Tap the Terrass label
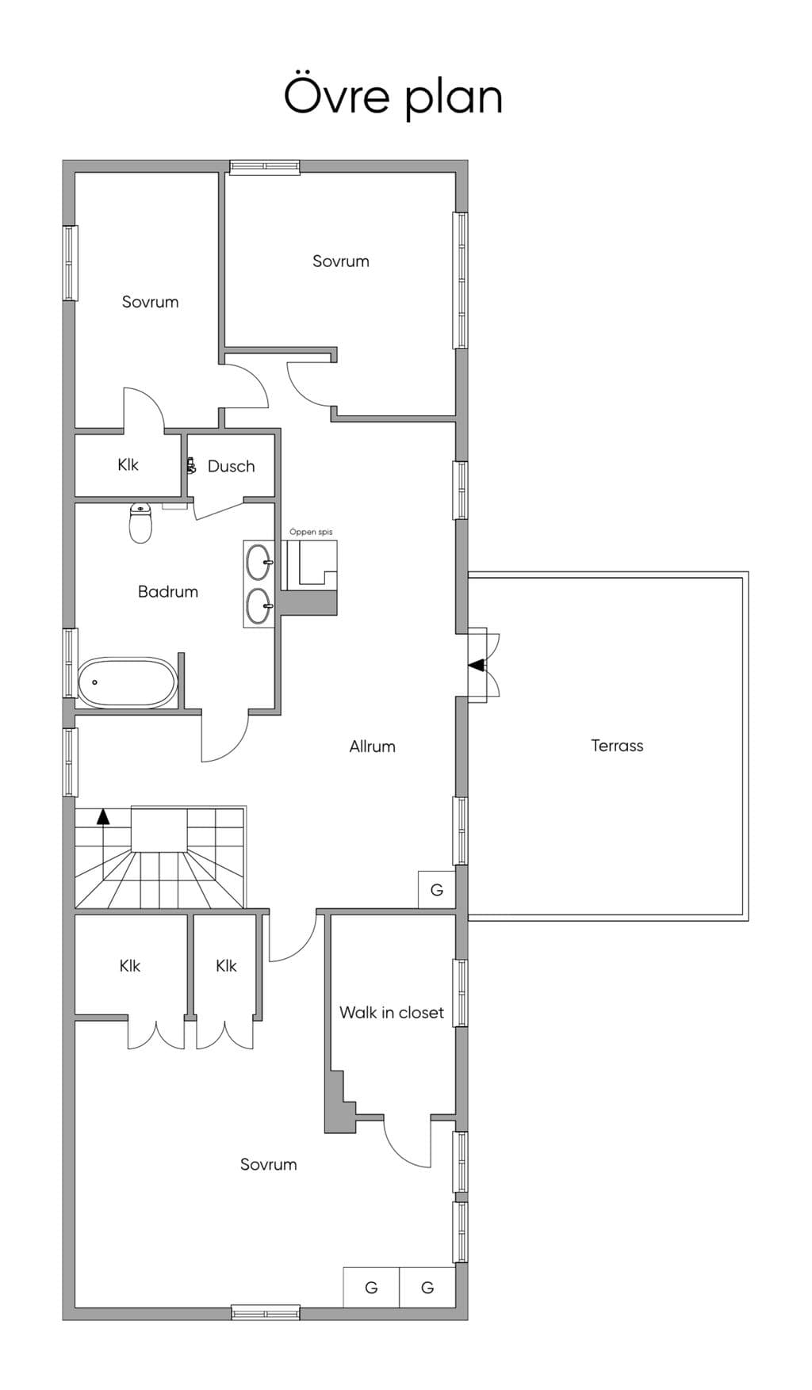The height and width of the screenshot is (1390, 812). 617,746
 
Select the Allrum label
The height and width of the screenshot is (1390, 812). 372,747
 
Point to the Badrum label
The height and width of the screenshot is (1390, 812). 168,592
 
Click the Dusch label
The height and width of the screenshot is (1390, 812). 232,467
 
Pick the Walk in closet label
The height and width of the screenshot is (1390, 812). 392,1013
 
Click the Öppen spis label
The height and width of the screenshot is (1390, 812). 311,533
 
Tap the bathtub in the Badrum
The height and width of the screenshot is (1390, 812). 127,682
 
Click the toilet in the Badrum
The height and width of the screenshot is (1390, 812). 140,523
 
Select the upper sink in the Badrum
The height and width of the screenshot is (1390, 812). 259,563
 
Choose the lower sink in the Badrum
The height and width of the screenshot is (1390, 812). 259,606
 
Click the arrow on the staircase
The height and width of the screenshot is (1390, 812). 103,817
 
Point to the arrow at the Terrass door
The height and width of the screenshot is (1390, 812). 477,665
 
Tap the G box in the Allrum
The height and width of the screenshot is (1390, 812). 437,890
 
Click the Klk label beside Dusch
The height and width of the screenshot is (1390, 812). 128,465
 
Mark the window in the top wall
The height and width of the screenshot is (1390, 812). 265,166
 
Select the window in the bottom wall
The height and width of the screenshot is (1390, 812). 266,1313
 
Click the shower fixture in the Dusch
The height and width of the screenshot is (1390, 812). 190,465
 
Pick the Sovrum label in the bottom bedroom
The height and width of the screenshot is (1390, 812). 269,1165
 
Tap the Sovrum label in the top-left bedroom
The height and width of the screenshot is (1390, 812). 150,302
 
